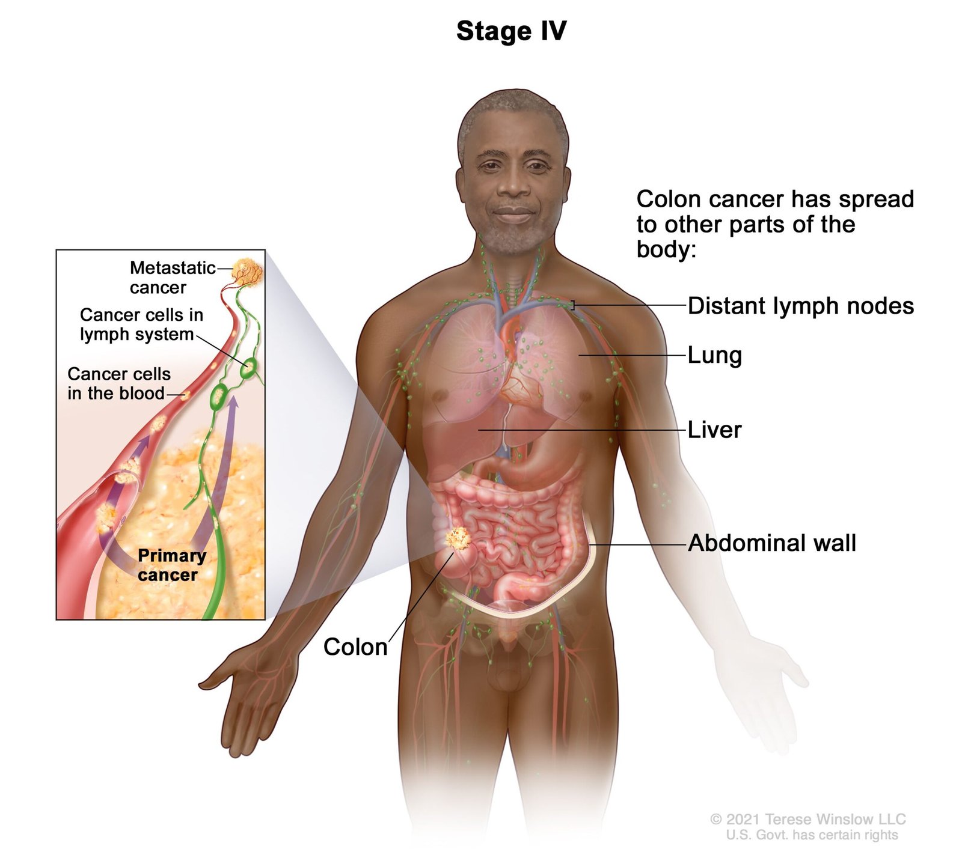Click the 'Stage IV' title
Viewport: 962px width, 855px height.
pyautogui.click(x=511, y=31)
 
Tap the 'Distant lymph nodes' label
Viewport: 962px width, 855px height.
pyautogui.click(x=800, y=306)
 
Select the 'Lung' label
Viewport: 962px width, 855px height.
pyautogui.click(x=714, y=355)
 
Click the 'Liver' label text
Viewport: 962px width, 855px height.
pyautogui.click(x=714, y=430)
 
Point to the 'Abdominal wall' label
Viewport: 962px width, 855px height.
pyautogui.click(x=771, y=543)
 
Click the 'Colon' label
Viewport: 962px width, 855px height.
pyautogui.click(x=355, y=647)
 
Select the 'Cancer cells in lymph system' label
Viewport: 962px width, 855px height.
pyautogui.click(x=141, y=324)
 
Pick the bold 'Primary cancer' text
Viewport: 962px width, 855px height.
pyautogui.click(x=171, y=565)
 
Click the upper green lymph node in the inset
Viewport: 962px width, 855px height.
pyautogui.click(x=248, y=368)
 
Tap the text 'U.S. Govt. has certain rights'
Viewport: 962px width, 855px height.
pyautogui.click(x=812, y=835)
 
